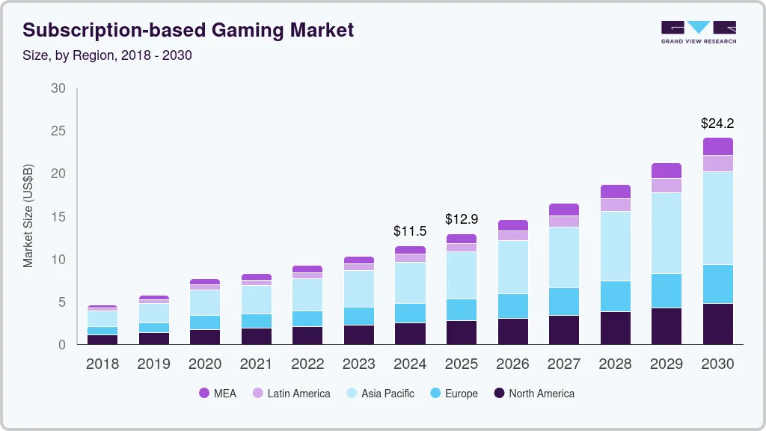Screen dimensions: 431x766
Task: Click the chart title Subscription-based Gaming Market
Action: (189, 30)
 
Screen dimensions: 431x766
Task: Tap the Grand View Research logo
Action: (698, 31)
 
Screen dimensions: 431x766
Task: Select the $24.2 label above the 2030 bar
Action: (717, 122)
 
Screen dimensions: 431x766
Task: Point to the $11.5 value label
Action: (410, 231)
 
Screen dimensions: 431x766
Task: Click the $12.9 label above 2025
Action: (461, 219)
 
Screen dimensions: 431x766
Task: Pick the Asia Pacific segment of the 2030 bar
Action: (717, 218)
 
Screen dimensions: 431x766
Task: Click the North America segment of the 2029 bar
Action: (666, 325)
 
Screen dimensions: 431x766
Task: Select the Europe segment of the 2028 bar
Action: (615, 296)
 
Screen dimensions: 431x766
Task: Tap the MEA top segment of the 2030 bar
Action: (717, 146)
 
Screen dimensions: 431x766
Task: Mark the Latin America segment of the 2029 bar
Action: (666, 185)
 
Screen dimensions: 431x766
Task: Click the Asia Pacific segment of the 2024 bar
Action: (410, 282)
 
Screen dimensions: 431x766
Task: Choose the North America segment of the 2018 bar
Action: (102, 339)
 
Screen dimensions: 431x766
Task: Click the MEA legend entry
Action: (218, 393)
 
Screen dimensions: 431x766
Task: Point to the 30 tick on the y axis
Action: (58, 88)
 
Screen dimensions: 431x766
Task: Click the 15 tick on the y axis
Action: (58, 217)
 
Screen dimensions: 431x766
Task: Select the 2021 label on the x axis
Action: (256, 364)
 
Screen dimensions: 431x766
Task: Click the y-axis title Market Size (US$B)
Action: (28, 216)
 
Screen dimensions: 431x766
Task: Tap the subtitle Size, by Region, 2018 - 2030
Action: (107, 55)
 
